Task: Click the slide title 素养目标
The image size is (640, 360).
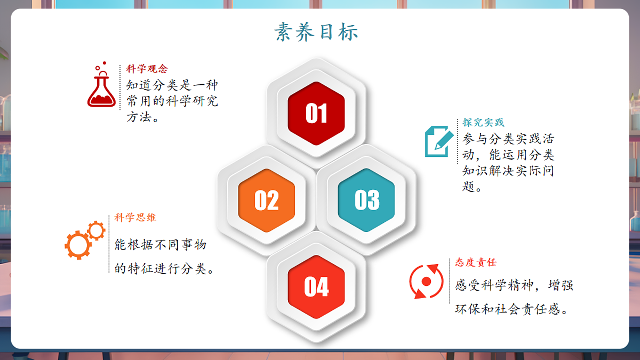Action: point(316,32)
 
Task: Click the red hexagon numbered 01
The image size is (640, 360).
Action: point(316,113)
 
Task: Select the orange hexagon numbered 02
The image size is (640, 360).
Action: point(267,200)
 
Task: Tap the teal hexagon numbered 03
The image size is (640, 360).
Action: point(366,200)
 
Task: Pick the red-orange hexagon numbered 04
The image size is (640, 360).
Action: point(316,287)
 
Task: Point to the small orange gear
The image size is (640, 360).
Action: point(96,230)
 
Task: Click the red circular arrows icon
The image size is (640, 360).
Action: point(426,281)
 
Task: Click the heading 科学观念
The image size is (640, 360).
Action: point(147,69)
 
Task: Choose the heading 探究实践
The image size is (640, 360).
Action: point(483,123)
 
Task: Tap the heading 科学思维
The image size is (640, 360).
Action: point(135,218)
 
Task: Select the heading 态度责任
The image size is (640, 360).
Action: point(476,262)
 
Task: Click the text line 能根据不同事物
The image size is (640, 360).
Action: point(161,245)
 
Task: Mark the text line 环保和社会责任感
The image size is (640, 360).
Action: point(509,309)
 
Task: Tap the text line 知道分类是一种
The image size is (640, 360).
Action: point(172,85)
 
